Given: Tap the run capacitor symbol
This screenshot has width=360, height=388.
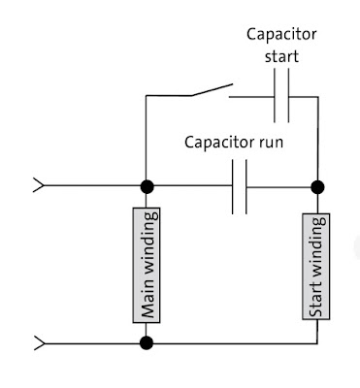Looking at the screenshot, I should pos(241,185).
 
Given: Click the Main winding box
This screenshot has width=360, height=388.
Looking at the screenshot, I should pos(147,263).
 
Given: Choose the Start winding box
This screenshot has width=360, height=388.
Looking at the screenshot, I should pos(316,263).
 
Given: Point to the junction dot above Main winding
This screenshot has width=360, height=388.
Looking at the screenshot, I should pos(147,185).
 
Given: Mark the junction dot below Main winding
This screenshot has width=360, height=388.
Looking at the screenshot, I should pos(147,341).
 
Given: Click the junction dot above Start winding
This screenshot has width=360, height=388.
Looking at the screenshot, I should pos(316,185).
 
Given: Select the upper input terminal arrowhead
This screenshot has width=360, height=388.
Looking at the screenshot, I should pos(39,185).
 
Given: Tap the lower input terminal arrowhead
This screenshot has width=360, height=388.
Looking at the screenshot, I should pos(39,341).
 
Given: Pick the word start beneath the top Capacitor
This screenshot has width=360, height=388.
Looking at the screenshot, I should pos(282,55).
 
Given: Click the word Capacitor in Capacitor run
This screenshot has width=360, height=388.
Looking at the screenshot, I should pos(218,143).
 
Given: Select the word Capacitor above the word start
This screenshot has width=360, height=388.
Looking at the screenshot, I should pos(282,35).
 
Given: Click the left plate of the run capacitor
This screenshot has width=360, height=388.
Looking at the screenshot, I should pos(234,185).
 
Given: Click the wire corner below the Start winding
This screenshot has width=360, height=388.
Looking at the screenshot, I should pos(316,341).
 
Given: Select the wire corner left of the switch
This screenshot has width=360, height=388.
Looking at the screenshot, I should pos(147,96).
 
